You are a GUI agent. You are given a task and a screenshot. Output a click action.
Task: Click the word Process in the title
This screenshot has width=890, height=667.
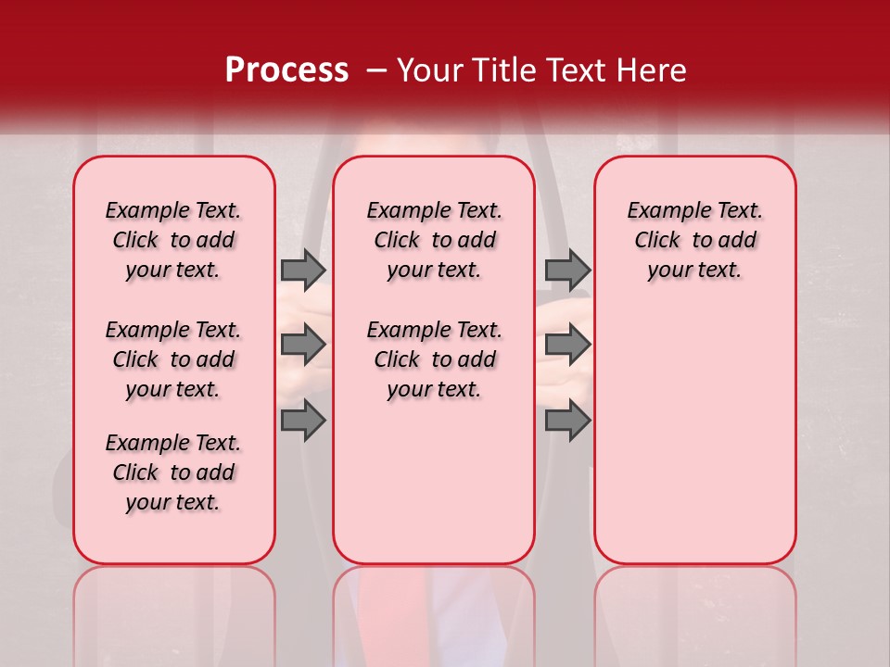(x=286, y=70)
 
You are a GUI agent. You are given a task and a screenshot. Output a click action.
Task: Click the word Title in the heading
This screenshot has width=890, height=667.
(x=502, y=70)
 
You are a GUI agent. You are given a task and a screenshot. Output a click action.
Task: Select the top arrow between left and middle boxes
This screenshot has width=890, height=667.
(x=303, y=270)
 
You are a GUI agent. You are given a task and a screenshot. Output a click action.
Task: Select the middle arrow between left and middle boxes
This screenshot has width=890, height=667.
(x=303, y=346)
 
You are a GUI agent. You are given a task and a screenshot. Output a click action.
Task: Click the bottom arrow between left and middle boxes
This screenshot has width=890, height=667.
(x=303, y=421)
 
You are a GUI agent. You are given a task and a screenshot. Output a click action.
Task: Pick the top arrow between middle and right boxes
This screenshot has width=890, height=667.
(x=567, y=270)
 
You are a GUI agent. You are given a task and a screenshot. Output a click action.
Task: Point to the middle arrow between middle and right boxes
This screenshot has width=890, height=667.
(x=567, y=346)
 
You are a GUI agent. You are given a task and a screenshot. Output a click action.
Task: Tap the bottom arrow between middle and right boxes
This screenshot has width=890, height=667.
(x=567, y=421)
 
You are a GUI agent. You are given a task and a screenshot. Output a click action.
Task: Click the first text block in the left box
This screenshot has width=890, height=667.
(x=173, y=240)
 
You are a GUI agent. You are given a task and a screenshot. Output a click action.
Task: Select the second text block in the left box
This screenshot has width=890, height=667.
(x=173, y=359)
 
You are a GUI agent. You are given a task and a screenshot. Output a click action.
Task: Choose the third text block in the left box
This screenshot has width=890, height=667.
(x=173, y=472)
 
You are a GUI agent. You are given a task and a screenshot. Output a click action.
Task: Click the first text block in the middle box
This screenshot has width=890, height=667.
(x=434, y=240)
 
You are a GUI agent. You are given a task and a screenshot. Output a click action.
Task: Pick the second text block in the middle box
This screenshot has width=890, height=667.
(x=434, y=359)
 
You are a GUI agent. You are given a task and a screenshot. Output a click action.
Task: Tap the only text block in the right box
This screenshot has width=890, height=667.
(x=694, y=240)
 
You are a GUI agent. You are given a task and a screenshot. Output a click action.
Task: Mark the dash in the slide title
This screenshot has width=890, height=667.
(x=376, y=71)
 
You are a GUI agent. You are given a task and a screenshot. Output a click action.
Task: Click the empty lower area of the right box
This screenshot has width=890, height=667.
(x=694, y=435)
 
